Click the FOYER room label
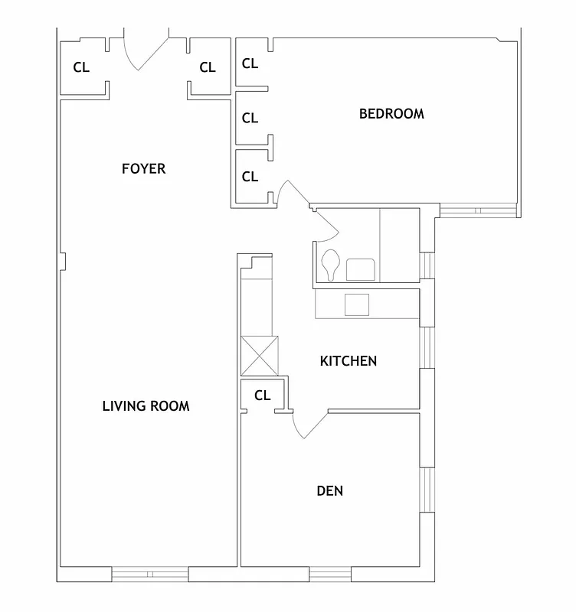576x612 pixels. tap(143, 168)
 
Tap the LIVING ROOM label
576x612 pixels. tap(146, 405)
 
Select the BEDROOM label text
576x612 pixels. tap(391, 114)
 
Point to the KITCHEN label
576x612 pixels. tap(349, 360)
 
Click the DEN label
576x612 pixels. tap(329, 490)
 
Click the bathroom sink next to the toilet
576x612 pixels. tap(361, 269)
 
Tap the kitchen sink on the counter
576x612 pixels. tap(357, 304)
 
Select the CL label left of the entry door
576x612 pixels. tap(81, 67)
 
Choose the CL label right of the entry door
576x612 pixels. tap(208, 67)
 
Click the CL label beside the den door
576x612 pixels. tap(263, 396)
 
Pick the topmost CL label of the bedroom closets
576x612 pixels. tap(250, 63)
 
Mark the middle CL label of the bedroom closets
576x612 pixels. tap(250, 119)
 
